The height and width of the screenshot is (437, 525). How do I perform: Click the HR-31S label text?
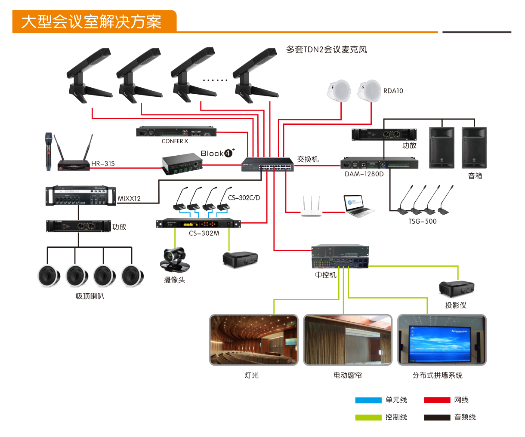103,163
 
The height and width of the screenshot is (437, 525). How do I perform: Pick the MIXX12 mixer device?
81,196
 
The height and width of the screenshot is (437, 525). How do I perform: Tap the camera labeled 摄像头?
175,260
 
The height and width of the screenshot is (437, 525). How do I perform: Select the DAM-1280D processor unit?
379,164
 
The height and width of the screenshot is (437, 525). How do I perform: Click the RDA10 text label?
393,91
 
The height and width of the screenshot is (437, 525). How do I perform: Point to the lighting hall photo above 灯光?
253,340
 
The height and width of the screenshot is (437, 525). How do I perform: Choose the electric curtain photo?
348,340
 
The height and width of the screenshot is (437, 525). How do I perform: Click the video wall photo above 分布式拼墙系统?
442,340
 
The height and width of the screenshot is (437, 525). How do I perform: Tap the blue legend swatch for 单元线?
368,400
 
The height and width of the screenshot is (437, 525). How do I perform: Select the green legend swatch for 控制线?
368,417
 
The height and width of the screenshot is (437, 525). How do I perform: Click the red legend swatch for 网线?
437,400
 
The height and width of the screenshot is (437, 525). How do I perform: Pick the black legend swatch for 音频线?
437,417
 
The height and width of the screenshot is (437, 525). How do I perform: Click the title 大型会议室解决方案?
91,22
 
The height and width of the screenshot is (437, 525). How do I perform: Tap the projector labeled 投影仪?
457,289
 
